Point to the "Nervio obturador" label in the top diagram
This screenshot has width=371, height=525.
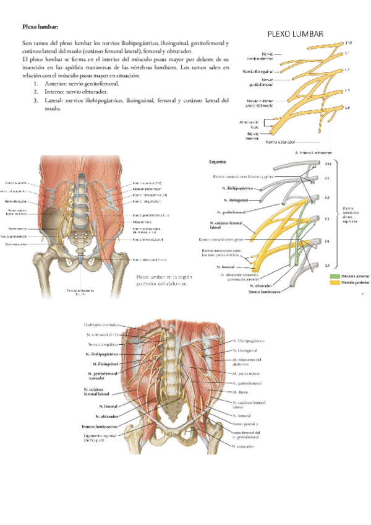[x=283, y=141]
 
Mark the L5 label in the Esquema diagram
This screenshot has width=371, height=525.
[x=330, y=265]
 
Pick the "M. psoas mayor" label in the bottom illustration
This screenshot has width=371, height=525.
[x=247, y=374]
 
